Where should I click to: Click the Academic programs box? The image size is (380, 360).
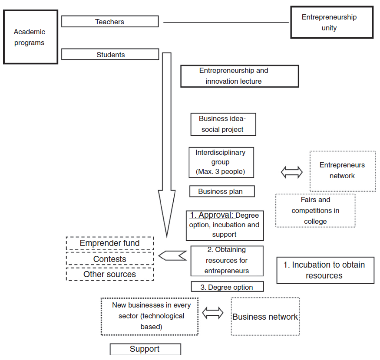[x=30, y=37]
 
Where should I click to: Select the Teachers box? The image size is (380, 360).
[x=110, y=22]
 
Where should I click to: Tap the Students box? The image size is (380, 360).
[x=110, y=55]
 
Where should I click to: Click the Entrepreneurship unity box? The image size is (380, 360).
[x=332, y=23]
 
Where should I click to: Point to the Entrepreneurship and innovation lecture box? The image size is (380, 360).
[x=240, y=76]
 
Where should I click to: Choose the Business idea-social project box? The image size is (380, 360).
[x=223, y=124]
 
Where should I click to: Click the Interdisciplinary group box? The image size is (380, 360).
[x=221, y=162]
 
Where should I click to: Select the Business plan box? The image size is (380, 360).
[x=222, y=191]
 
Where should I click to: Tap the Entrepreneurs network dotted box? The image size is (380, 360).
[x=343, y=171]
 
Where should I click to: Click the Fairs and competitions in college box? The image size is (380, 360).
[x=315, y=210]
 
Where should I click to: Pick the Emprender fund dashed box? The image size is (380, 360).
[x=110, y=243]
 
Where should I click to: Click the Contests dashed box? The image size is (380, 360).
[x=110, y=259]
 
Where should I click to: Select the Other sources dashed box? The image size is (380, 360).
[x=110, y=274]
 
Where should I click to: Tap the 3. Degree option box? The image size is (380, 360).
[x=228, y=287]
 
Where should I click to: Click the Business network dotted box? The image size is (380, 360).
[x=265, y=316]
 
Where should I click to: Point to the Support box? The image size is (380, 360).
[x=145, y=349]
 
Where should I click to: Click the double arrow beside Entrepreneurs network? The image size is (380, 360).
[x=292, y=173]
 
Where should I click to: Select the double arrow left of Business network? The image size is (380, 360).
[x=213, y=313]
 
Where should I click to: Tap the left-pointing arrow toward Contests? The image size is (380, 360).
[x=172, y=256]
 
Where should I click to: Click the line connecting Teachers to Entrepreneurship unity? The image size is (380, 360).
[x=226, y=23]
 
